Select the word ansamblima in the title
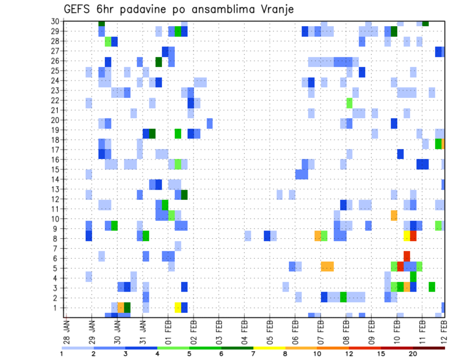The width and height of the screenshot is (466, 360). (x=218, y=10)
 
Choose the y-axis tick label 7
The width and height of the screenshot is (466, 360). (x=57, y=248)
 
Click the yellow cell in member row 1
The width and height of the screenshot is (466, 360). (x=178, y=308)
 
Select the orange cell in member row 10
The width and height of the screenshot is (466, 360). (x=394, y=214)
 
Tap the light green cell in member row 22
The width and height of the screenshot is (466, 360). (x=349, y=103)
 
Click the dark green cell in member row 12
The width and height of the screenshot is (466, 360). (x=184, y=195)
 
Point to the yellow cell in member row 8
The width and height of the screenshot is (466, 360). (x=407, y=236)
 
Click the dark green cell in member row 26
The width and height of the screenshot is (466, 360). (x=159, y=62)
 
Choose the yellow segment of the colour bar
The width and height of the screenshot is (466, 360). (x=269, y=347)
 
